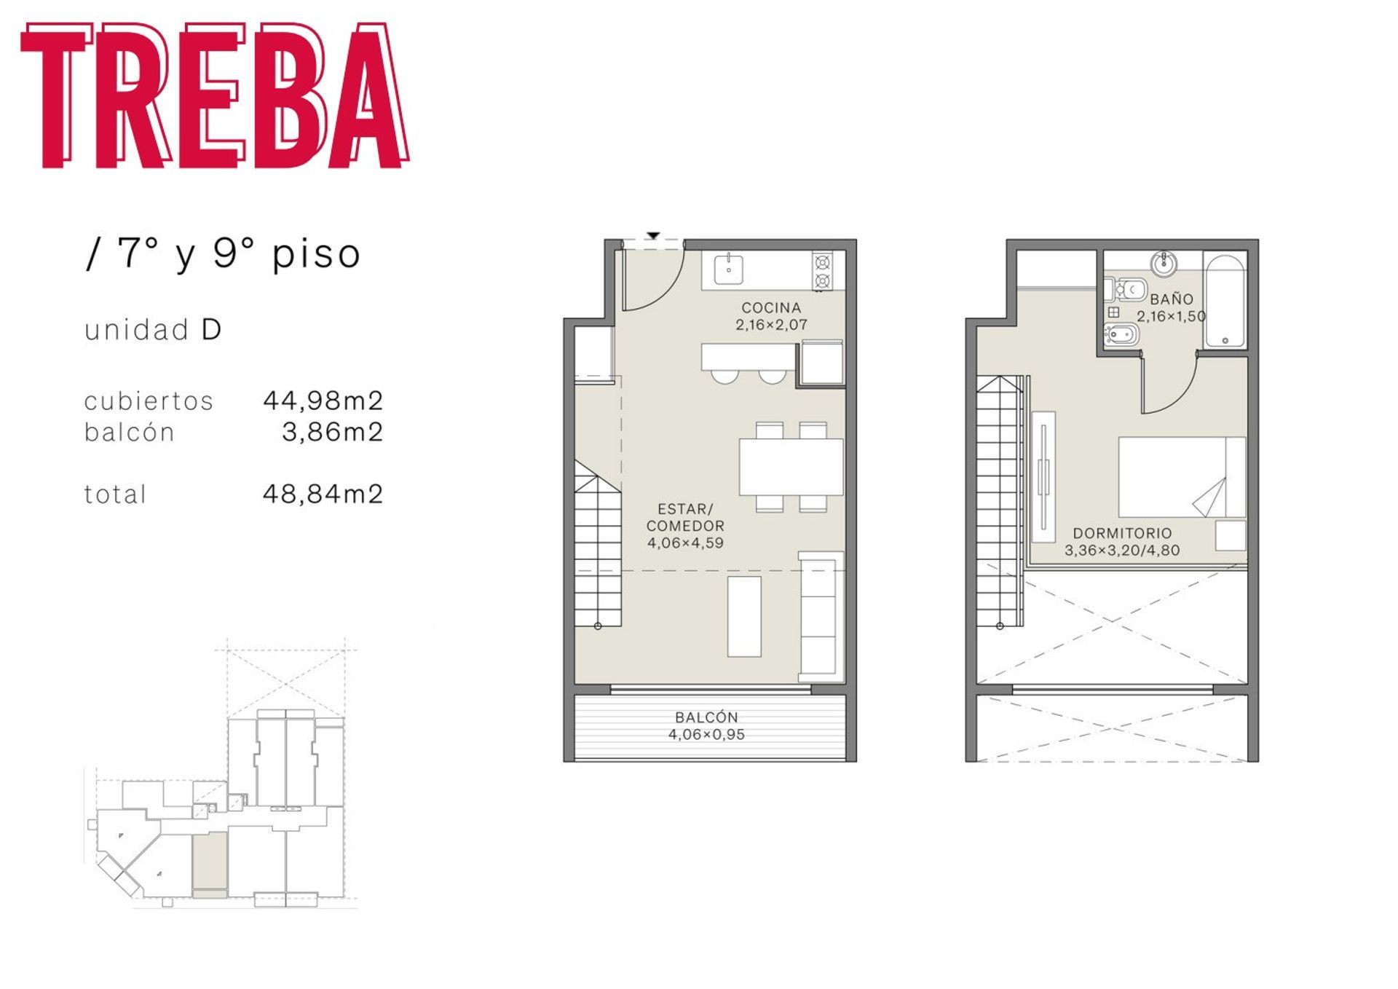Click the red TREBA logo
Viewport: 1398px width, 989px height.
pos(215,95)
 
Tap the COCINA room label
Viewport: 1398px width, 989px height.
pos(771,308)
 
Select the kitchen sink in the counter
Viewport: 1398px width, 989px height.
pos(728,269)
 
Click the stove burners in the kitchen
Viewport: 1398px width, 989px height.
pos(823,271)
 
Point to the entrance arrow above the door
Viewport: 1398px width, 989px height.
pos(653,235)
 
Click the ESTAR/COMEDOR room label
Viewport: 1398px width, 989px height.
pos(685,517)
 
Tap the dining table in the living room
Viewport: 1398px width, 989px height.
pos(791,466)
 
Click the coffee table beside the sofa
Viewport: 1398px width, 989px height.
pos(744,616)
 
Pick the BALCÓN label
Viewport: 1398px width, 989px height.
pos(706,717)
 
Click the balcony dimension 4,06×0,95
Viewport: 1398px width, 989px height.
pos(706,735)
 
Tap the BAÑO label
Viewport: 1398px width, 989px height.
pos(1172,299)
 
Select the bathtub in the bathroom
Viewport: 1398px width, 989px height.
pos(1225,300)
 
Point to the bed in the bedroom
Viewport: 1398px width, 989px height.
pos(1182,477)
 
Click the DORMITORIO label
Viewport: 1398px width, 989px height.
pos(1122,533)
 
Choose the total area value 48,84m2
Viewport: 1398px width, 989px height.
pos(323,494)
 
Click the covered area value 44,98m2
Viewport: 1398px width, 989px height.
pos(323,400)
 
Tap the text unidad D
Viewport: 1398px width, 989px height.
pos(153,330)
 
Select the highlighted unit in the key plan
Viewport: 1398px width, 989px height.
pos(210,865)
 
